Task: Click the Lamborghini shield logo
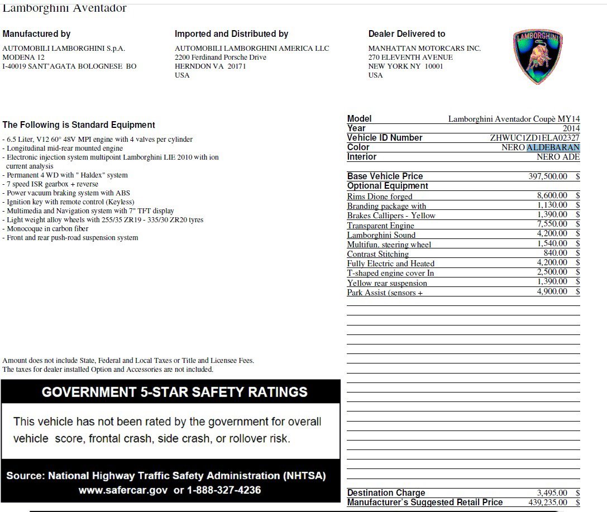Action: point(537,56)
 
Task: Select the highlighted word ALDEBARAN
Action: point(553,147)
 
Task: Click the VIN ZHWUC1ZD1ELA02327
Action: point(534,138)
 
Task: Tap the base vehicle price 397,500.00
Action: point(547,176)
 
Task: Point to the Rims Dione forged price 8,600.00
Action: point(552,196)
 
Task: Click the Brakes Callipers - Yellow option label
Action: point(391,216)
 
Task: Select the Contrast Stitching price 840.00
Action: point(556,253)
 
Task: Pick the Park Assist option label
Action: point(385,293)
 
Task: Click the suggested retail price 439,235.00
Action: point(547,503)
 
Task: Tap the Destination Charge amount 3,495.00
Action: point(552,493)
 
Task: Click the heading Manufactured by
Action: point(36,34)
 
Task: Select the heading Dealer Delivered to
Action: point(407,34)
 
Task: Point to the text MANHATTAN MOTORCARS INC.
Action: point(424,49)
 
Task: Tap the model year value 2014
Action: point(571,128)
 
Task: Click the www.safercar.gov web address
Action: point(122,490)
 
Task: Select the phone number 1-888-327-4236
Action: point(223,490)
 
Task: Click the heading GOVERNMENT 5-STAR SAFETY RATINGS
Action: point(174,392)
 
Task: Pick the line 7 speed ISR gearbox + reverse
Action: point(52,184)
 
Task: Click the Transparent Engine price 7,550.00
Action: point(552,224)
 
